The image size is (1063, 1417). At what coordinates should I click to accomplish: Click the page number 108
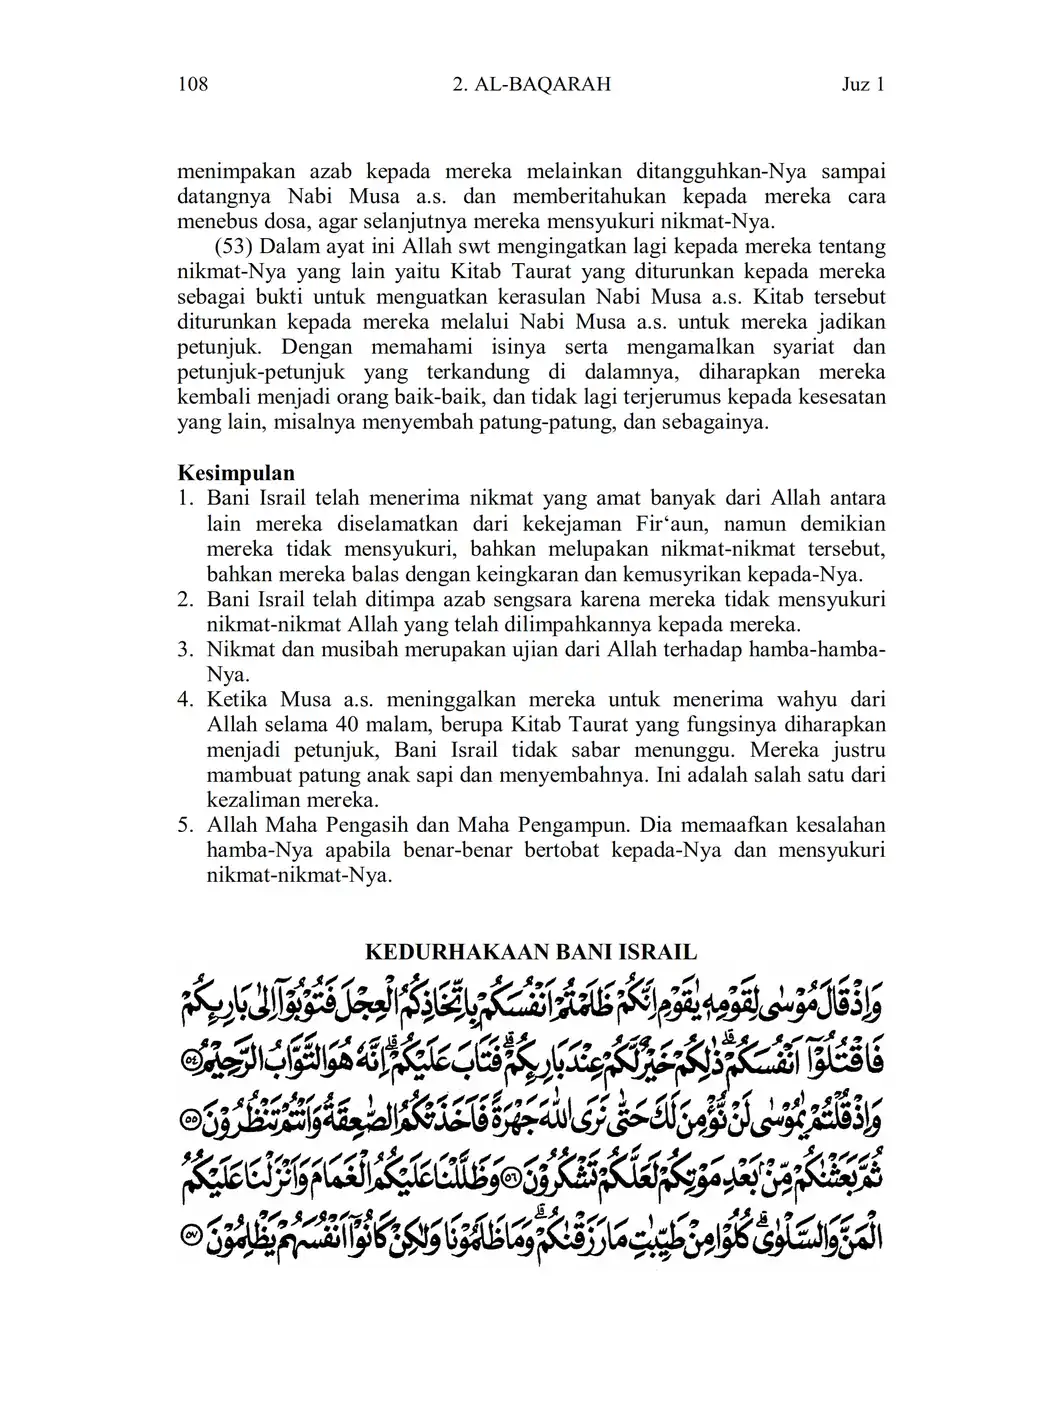(x=192, y=84)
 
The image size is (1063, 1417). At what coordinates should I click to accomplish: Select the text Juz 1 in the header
(x=864, y=84)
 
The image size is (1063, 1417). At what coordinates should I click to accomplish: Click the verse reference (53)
(x=232, y=247)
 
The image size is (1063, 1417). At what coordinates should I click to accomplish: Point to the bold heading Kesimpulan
(x=236, y=473)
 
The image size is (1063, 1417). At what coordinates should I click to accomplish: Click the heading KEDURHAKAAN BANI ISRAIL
(x=530, y=951)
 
